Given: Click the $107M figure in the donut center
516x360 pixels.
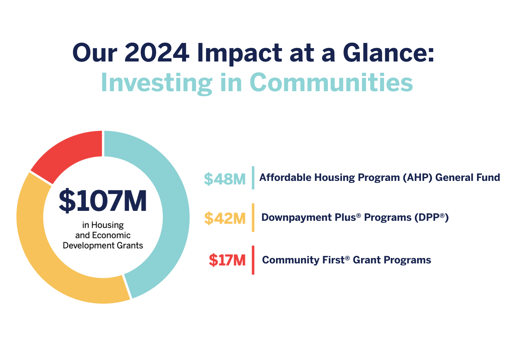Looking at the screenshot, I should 103,200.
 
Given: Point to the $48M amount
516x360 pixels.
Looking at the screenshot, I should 225,179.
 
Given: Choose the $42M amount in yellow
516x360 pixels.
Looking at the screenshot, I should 225,218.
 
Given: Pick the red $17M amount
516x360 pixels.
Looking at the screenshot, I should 227,260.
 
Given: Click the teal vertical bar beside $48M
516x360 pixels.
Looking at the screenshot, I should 253,178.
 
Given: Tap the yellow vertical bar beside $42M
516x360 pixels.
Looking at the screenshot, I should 253,217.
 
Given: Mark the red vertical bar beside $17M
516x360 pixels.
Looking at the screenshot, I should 253,260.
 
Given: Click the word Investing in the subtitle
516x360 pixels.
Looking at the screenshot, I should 156,82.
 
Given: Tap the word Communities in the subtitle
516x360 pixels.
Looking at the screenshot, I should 331,82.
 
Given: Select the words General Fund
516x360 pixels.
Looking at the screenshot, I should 468,178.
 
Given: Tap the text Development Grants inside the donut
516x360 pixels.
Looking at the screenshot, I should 103,246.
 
